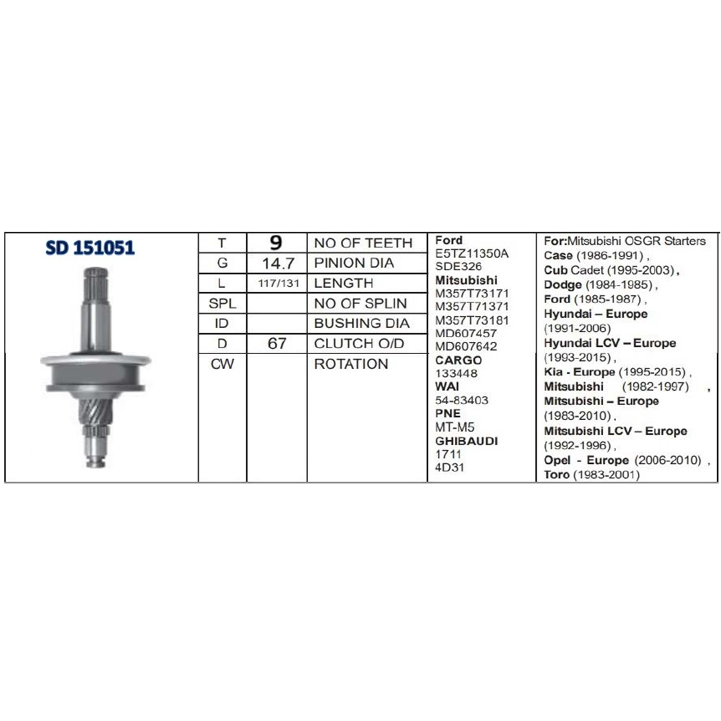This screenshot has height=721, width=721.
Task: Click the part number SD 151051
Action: [90, 248]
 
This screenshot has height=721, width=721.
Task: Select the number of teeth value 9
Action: [276, 243]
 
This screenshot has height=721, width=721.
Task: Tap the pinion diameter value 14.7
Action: [278, 263]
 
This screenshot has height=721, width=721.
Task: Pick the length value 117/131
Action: [278, 284]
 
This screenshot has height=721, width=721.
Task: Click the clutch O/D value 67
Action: [277, 344]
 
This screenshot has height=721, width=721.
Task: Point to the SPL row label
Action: [222, 304]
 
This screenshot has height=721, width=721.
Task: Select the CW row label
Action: [222, 364]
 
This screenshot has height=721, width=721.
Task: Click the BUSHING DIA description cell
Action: [361, 323]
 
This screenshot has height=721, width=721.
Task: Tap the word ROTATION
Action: [351, 364]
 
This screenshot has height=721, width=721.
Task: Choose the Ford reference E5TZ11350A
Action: [472, 254]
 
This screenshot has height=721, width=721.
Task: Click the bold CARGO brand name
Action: [459, 360]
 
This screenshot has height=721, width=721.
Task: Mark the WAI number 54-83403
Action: [461, 400]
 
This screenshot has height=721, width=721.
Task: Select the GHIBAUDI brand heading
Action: [466, 441]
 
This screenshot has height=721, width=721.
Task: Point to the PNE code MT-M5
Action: [455, 427]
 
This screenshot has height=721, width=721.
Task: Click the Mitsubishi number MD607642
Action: [466, 346]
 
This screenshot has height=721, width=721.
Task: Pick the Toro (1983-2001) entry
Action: [592, 475]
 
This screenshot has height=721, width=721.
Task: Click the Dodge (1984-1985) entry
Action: [598, 285]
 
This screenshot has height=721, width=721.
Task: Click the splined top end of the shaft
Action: [96, 284]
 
